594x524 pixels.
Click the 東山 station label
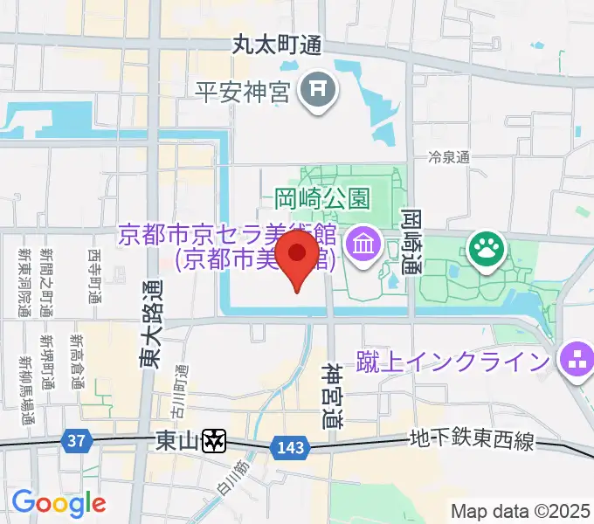pos(178,441)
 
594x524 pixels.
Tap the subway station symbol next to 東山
pos(214,442)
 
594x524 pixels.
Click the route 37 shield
pos(78,441)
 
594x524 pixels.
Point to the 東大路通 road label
pos(150,322)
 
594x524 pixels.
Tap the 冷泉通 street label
pos(449,157)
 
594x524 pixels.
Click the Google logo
pos(59,503)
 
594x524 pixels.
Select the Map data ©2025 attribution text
pos(521,510)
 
